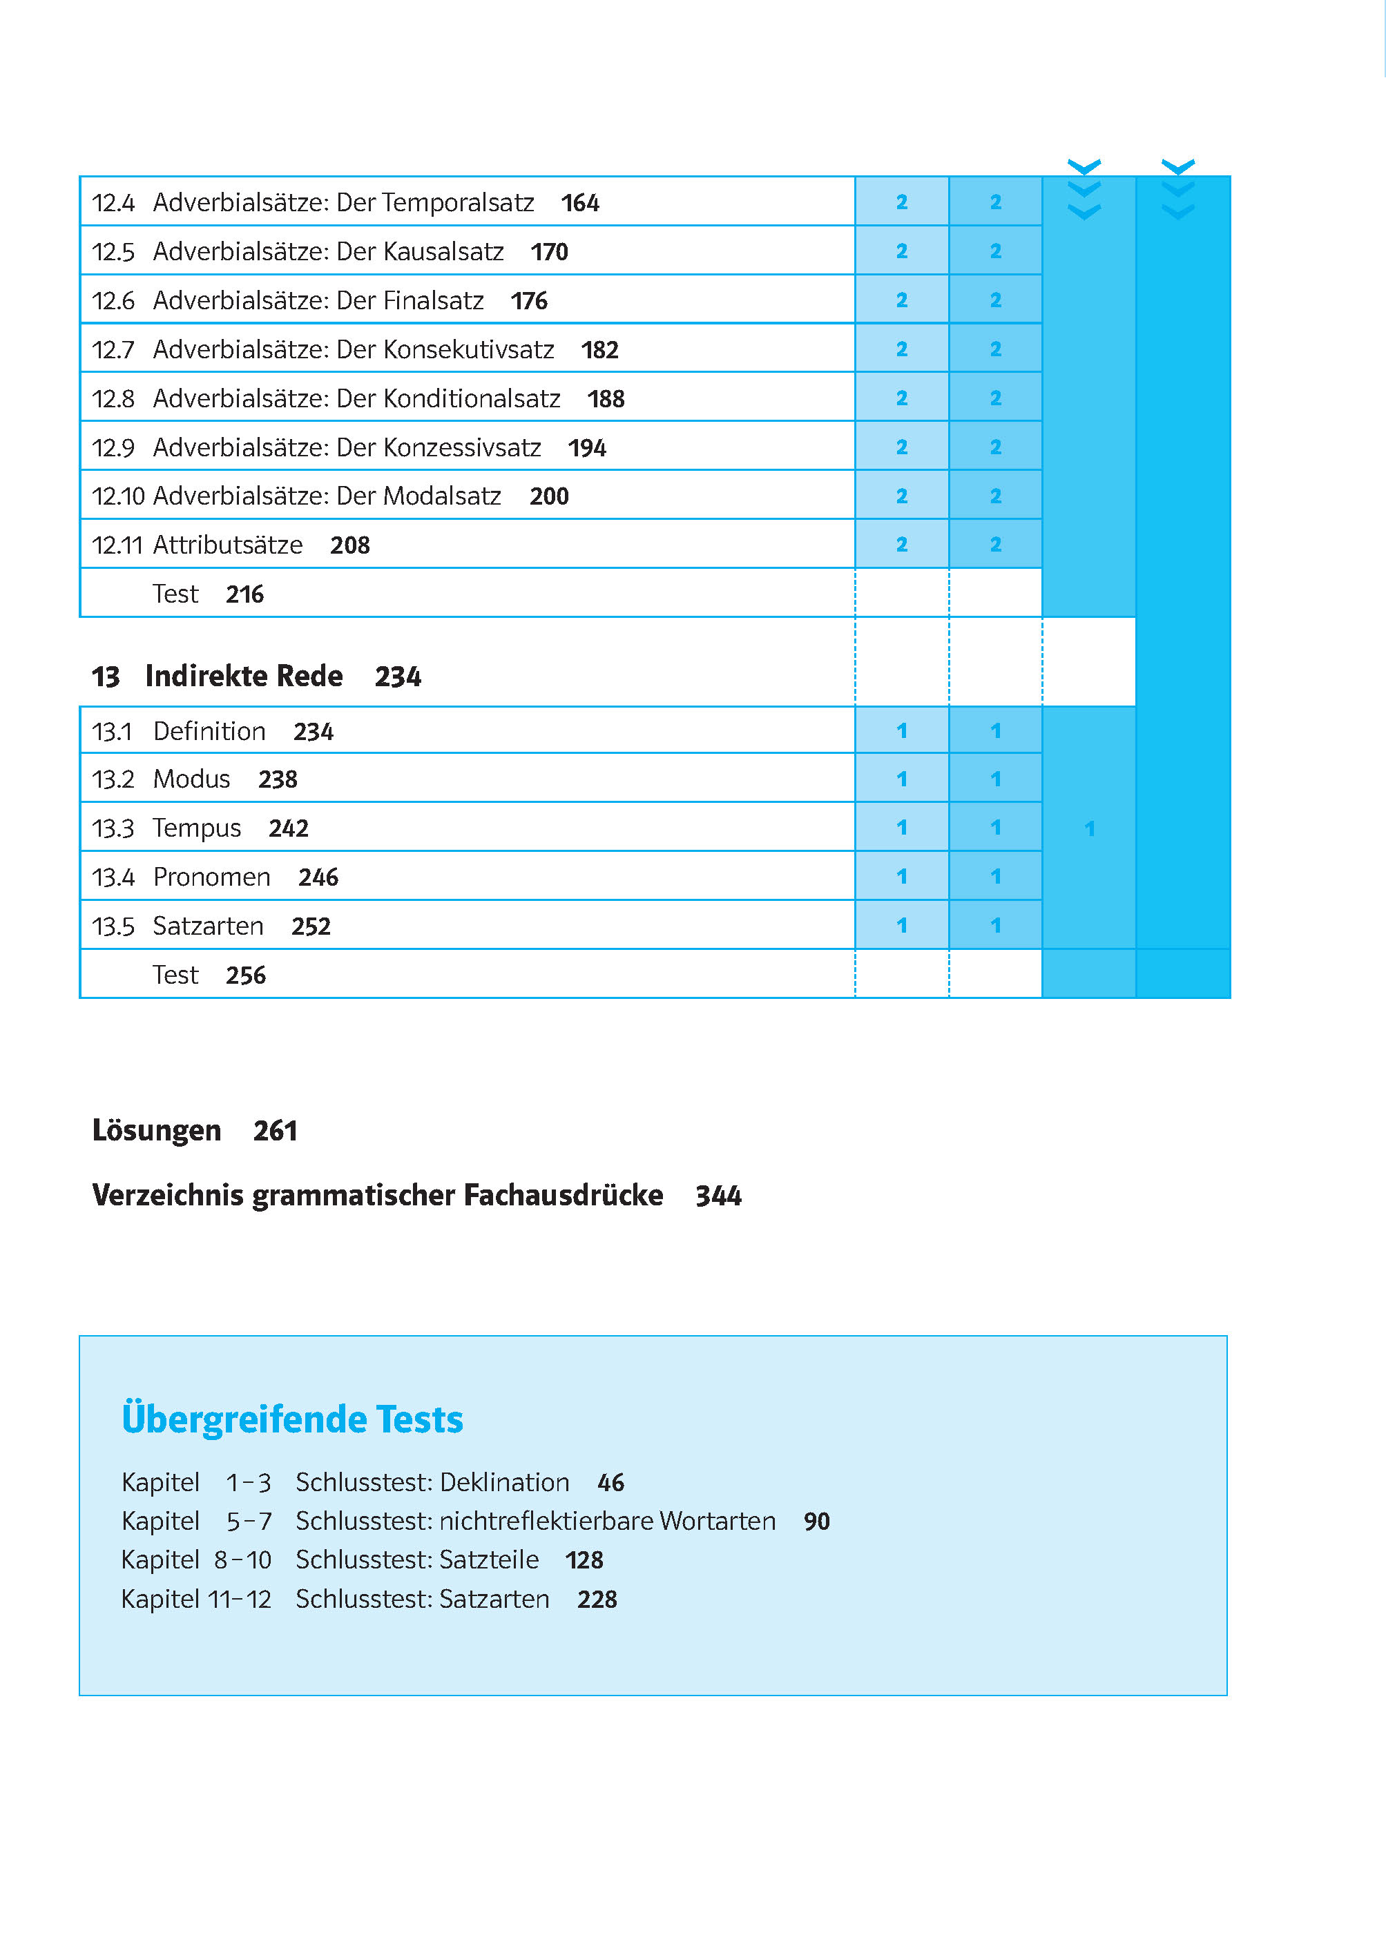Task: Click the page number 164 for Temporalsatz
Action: coord(580,203)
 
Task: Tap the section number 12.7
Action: coord(113,350)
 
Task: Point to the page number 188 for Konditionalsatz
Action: coord(606,398)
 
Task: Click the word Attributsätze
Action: coord(228,545)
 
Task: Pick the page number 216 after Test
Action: coord(245,594)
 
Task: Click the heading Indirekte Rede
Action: coord(244,676)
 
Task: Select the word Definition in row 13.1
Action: coord(210,731)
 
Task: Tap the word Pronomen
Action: coord(211,877)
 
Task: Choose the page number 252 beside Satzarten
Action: coord(311,926)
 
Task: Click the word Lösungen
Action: coord(157,1131)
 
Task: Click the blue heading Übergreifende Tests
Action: coord(292,1420)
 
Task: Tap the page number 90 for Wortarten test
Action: coord(817,1522)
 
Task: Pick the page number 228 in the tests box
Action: coord(597,1599)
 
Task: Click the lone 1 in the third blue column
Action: coord(1089,828)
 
